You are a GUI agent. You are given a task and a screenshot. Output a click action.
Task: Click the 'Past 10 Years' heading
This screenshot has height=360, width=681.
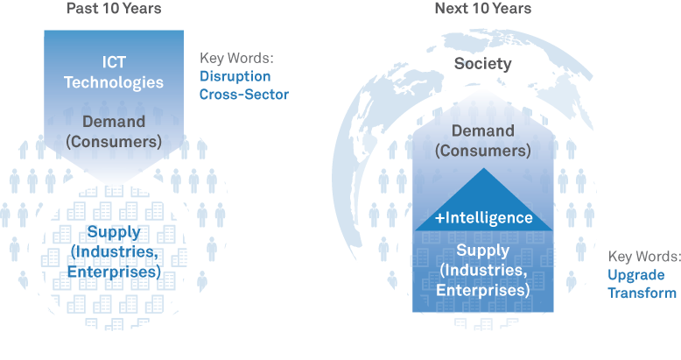[x=114, y=9]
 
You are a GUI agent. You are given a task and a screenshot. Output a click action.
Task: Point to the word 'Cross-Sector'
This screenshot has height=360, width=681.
[x=244, y=94]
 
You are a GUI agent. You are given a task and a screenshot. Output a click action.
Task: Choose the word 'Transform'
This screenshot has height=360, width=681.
[x=642, y=293]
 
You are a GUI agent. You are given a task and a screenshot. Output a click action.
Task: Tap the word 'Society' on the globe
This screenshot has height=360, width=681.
[x=482, y=64]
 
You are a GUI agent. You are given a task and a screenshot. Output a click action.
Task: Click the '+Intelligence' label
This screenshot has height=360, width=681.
[x=483, y=217]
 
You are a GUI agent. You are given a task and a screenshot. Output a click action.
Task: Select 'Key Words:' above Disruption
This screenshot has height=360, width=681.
[x=236, y=58]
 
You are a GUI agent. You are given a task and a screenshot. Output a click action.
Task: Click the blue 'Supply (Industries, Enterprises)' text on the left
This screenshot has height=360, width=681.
[x=115, y=252]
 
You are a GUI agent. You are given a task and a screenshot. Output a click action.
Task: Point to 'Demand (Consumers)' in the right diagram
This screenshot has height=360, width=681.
[x=483, y=140]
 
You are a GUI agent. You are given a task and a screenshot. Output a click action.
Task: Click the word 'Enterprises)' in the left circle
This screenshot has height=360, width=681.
[x=115, y=272]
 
